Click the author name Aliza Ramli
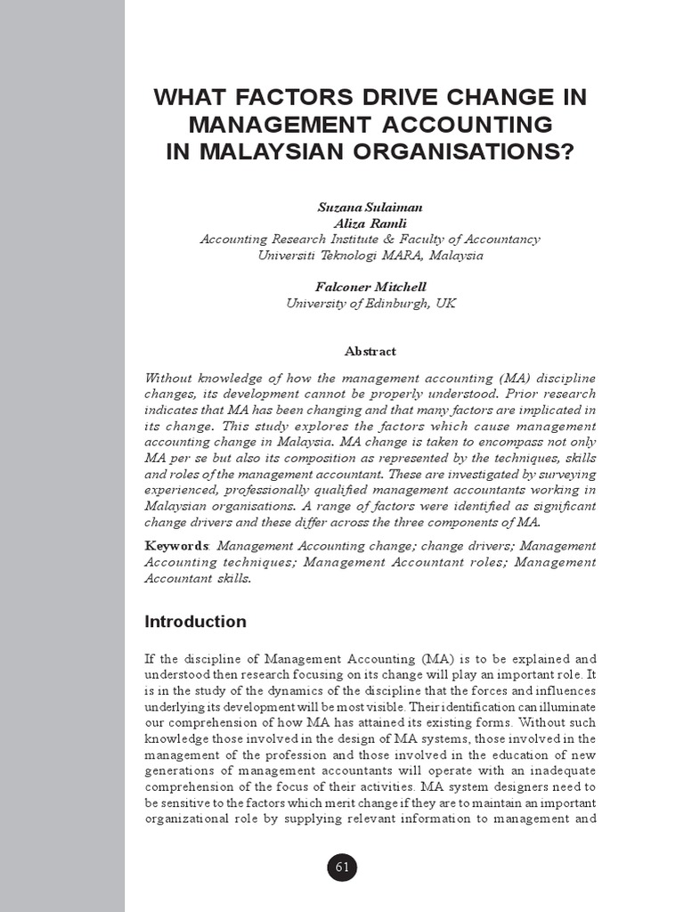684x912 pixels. coord(370,223)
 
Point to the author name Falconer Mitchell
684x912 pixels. coord(370,287)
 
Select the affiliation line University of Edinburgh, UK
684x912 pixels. coord(370,303)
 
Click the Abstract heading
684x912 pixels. coord(370,351)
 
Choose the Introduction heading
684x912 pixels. coord(195,622)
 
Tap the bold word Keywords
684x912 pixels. coord(176,545)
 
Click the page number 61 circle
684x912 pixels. coord(342,867)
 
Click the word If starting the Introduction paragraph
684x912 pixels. coord(150,659)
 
